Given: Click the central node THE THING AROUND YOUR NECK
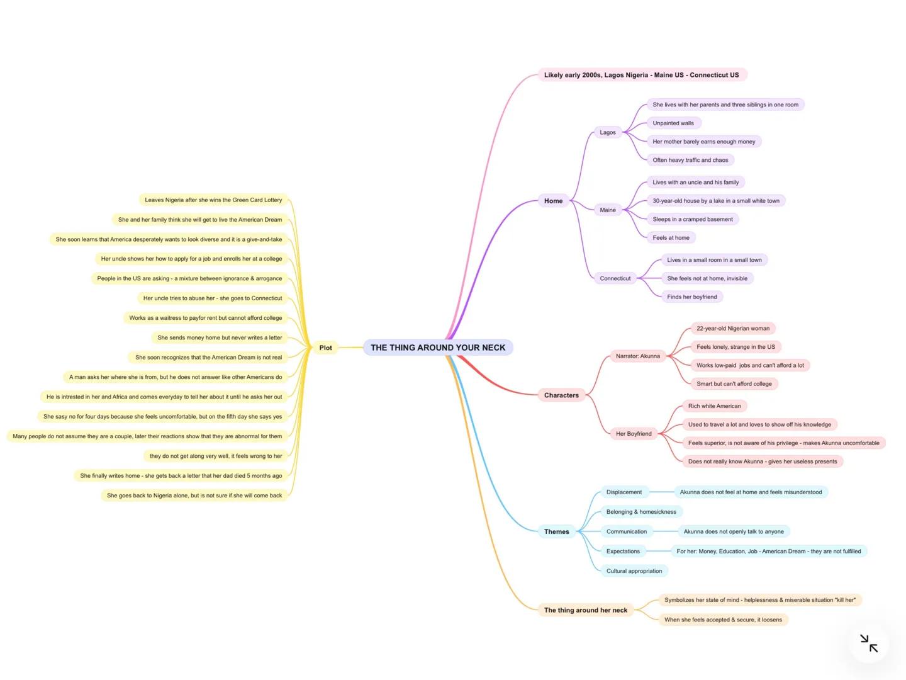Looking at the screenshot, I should click(438, 348).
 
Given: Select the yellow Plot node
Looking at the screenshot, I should click(325, 348).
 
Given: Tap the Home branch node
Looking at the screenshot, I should click(553, 201).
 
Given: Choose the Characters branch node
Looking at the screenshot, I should click(561, 395).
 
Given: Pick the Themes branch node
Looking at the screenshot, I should click(556, 531).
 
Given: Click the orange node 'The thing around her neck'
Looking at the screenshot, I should click(585, 610).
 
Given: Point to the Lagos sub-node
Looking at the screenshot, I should click(608, 132).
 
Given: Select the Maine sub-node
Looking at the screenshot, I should click(608, 210).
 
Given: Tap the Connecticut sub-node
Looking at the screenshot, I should click(615, 278).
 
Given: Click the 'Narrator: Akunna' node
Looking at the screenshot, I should click(637, 356).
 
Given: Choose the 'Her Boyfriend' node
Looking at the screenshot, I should click(634, 434).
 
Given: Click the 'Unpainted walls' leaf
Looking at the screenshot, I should click(673, 123).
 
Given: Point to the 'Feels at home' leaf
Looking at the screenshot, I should click(671, 238).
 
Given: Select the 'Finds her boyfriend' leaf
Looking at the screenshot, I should click(691, 297).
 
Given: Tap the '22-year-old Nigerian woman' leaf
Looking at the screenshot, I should click(733, 329).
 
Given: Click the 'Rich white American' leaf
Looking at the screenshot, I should click(714, 406).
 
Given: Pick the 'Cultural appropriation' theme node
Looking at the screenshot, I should click(634, 571).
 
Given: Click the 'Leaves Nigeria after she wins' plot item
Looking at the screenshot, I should click(213, 200).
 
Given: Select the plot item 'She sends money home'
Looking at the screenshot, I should click(220, 338).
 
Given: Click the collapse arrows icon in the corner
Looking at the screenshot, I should click(869, 643).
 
